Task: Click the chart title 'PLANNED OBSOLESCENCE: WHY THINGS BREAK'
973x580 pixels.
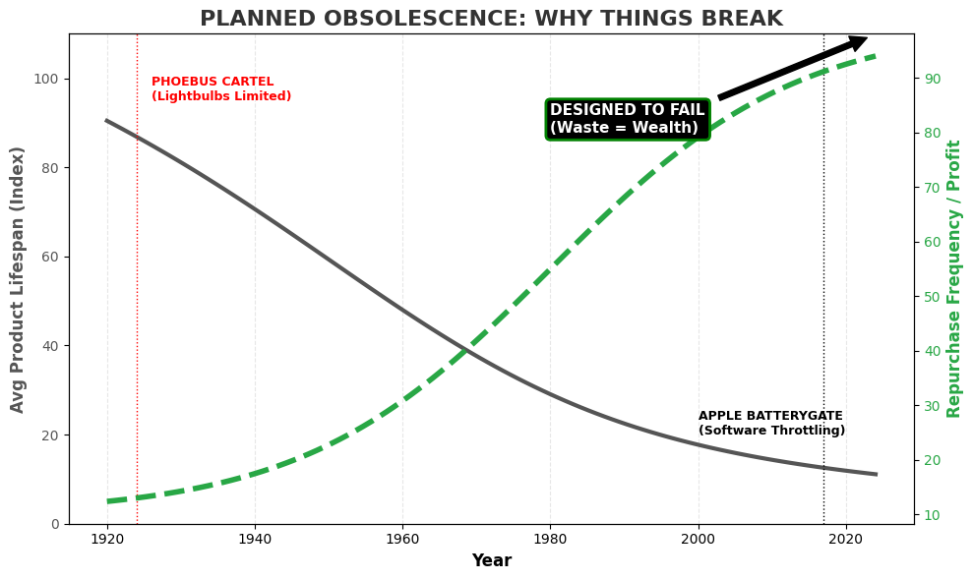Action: coord(491,19)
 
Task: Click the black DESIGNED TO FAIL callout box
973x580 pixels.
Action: coord(627,119)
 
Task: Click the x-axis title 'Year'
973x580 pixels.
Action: coord(491,561)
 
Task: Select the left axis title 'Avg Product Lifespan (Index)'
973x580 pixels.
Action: coord(19,279)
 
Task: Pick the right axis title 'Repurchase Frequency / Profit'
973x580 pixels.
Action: coord(954,279)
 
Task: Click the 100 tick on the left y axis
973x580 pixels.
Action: coord(50,79)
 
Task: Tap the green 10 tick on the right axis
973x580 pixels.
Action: coord(931,515)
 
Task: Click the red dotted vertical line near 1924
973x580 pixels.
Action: coord(137,295)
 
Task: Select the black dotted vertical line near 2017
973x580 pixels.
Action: coord(823,295)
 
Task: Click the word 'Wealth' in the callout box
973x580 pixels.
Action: coord(668,129)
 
